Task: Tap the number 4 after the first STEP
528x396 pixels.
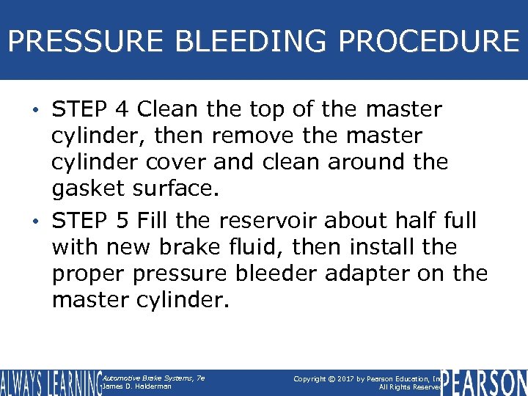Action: coord(122,110)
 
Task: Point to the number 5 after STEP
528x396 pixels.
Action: coord(122,220)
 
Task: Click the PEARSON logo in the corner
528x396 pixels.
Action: coord(484,382)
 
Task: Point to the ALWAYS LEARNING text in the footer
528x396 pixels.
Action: coord(50,382)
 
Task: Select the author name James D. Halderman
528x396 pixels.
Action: coord(138,386)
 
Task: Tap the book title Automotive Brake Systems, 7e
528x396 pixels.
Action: coord(153,378)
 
